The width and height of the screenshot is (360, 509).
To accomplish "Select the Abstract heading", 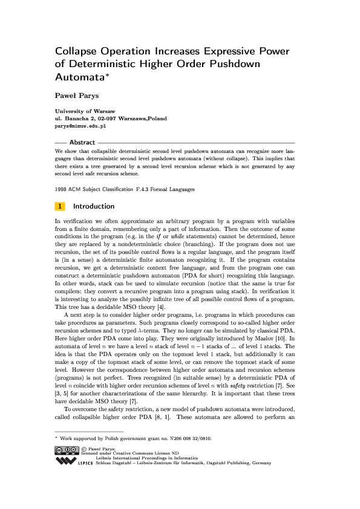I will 82,143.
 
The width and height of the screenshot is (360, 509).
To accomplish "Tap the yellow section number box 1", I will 61,206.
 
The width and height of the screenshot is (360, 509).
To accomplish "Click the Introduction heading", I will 94,206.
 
